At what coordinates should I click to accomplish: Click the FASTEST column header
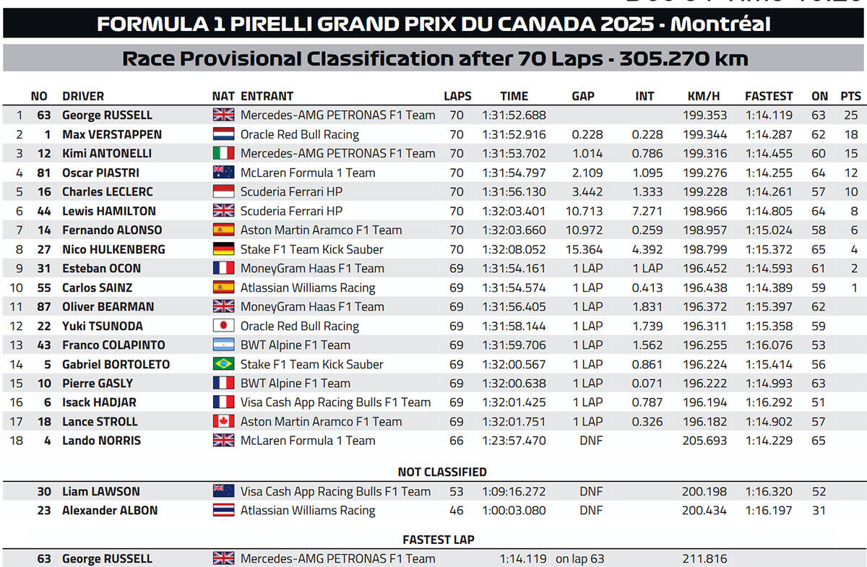click(x=769, y=96)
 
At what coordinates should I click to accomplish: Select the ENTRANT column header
click(x=267, y=96)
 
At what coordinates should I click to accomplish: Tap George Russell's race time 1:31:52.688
click(x=514, y=116)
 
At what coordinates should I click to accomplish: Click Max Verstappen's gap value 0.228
click(x=587, y=134)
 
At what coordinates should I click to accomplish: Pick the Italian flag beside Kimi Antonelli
click(x=223, y=153)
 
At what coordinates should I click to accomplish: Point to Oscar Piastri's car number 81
click(x=44, y=173)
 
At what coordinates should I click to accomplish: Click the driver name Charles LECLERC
click(x=108, y=192)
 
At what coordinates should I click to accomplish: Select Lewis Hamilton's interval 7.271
click(x=647, y=212)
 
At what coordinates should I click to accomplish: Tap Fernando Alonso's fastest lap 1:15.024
click(x=769, y=230)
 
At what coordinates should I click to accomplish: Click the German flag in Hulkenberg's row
click(x=223, y=249)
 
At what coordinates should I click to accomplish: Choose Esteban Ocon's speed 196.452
click(x=704, y=269)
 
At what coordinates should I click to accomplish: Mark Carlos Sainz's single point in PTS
click(x=854, y=288)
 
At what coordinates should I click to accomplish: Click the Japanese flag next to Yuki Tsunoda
click(x=223, y=326)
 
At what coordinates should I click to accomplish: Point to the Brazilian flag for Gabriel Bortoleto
click(x=223, y=364)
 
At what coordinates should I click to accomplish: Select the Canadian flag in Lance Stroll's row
click(x=223, y=421)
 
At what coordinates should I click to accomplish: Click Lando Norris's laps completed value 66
click(x=457, y=441)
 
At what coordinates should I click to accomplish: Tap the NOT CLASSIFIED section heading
click(x=442, y=472)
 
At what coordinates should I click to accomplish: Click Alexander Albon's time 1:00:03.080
click(x=514, y=511)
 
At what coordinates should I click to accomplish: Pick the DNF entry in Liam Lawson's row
click(x=591, y=492)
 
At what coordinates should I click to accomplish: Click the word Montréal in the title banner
click(x=720, y=24)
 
